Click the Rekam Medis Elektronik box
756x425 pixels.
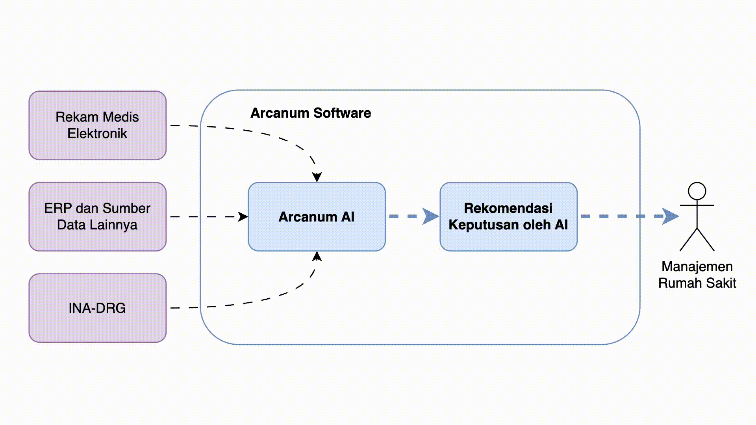pyautogui.click(x=97, y=125)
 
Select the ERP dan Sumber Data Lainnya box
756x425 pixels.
pyautogui.click(x=97, y=216)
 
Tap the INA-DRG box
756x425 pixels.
pyautogui.click(x=97, y=308)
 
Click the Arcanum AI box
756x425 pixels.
pyautogui.click(x=317, y=216)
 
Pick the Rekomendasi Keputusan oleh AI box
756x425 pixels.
pyautogui.click(x=508, y=216)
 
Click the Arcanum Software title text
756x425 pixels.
pyautogui.click(x=311, y=113)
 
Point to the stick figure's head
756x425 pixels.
pyautogui.click(x=697, y=191)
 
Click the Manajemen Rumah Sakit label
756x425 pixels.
pyautogui.click(x=697, y=275)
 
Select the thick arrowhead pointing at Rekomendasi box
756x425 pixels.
pyautogui.click(x=431, y=216)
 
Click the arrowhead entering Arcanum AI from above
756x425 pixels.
pyautogui.click(x=317, y=177)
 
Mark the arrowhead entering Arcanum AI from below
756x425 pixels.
pyautogui.click(x=317, y=257)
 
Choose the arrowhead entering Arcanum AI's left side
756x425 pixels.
pyautogui.click(x=243, y=216)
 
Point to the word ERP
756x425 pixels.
pyautogui.click(x=58, y=208)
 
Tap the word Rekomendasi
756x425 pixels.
pyautogui.click(x=508, y=208)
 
